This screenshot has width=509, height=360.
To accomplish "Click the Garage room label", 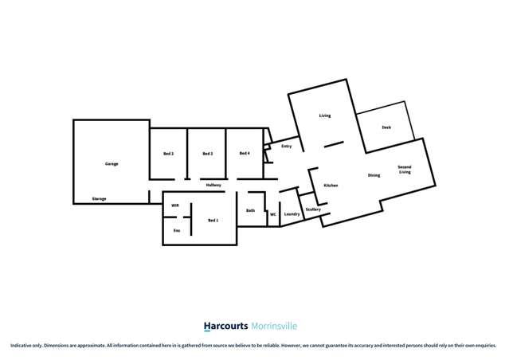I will coord(112,164).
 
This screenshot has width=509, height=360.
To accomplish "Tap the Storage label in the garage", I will coord(99,198).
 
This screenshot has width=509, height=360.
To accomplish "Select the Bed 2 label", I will coord(169,153).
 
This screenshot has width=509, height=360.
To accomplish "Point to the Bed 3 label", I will coord(207,153).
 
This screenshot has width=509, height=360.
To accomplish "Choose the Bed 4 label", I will coord(245,153).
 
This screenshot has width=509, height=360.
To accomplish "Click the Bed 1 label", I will coord(213,220).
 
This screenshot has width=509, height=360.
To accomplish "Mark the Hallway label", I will coord(213,185).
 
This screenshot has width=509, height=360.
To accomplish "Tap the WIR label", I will coord(174,205).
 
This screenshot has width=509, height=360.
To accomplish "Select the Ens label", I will coord(177,231).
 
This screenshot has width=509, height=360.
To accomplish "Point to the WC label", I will coord(272,214).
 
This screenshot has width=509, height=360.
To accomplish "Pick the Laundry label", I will coord(292,214).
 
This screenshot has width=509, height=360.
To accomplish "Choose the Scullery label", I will coord(312,209).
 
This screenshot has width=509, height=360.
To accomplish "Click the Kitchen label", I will coord(331,185).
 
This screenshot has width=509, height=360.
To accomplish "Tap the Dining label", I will coord(374,175).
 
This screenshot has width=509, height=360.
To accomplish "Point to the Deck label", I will coord(386,127).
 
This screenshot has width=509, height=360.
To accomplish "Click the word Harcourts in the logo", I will coord(226,326).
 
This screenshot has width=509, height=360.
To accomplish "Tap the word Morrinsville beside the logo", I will coord(274,326).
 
